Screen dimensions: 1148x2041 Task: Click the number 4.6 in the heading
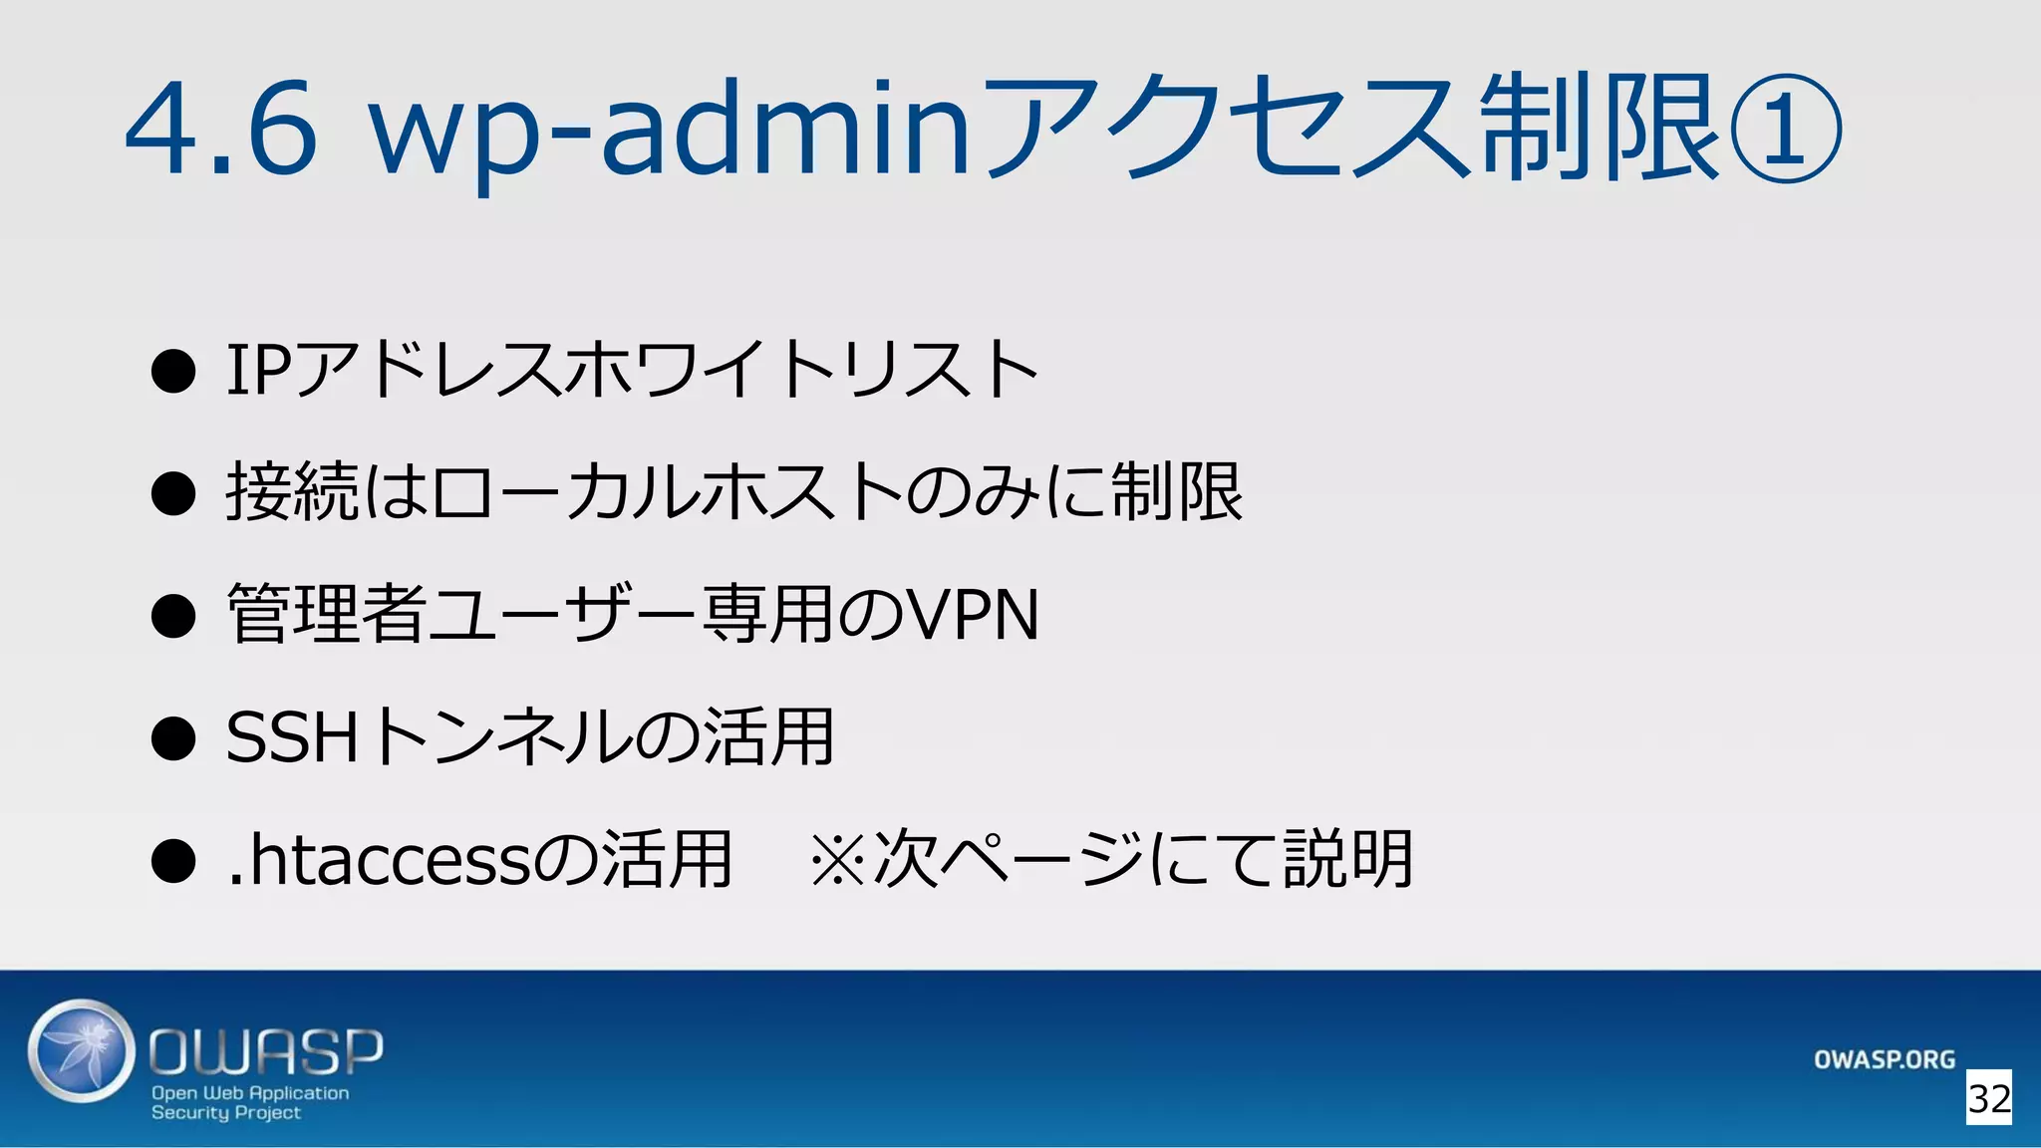[221, 130]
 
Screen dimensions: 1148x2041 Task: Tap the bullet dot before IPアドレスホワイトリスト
[173, 371]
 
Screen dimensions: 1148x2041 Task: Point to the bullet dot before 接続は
[173, 493]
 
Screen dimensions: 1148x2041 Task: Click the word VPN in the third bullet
[971, 615]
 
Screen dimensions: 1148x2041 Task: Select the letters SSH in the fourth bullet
[291, 737]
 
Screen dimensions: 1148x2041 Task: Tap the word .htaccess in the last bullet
[379, 859]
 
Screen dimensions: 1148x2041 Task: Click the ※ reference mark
[836, 859]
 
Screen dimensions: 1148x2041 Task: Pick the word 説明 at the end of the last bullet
[1347, 859]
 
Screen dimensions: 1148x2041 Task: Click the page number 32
[1988, 1098]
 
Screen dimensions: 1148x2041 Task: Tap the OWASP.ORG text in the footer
[1884, 1059]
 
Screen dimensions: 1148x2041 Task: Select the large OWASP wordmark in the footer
[266, 1051]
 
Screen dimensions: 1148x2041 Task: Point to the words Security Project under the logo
[226, 1112]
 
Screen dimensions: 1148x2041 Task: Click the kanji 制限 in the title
[1601, 130]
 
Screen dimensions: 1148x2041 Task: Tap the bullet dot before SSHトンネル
[173, 738]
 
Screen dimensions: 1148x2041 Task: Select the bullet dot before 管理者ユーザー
[173, 616]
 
